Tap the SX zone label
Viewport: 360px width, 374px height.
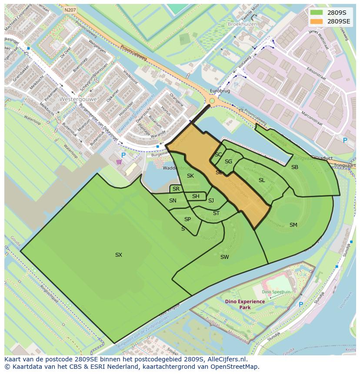(x=119, y=255)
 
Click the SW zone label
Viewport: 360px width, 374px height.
(x=224, y=257)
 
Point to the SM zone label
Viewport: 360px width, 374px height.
(x=293, y=225)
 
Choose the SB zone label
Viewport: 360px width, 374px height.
(x=295, y=167)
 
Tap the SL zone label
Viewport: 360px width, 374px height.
(x=262, y=180)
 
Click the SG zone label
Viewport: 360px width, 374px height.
(x=228, y=162)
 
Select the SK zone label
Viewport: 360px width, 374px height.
(x=190, y=176)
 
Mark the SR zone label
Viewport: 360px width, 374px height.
(x=176, y=189)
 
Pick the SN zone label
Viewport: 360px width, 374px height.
(x=173, y=201)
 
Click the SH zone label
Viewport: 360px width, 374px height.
(x=196, y=196)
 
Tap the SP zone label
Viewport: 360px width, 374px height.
(x=187, y=219)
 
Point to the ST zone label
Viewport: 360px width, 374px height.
(x=216, y=213)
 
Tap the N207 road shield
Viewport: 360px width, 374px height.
(x=69, y=9)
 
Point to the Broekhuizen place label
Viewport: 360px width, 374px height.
(x=242, y=24)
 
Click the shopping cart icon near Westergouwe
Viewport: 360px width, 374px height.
(x=119, y=162)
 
